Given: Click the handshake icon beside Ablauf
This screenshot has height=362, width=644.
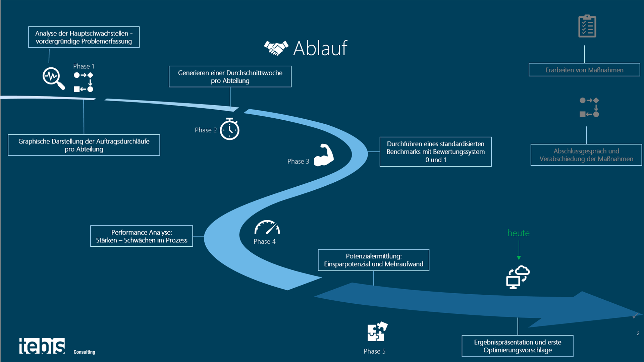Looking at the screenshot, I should (276, 48).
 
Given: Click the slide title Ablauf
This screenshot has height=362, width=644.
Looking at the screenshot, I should (320, 48).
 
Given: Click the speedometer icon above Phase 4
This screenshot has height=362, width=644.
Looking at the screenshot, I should (267, 227).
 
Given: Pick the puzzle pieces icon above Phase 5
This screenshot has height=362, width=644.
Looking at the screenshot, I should (377, 331).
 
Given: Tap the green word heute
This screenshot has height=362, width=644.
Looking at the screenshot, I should (518, 233).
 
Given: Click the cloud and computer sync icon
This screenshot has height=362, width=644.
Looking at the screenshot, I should (518, 277).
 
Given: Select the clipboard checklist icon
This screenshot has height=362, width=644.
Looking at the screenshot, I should (587, 26).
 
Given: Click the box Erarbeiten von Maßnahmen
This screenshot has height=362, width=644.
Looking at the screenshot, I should (584, 70).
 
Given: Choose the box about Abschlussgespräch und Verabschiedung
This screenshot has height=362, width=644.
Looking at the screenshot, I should (586, 155).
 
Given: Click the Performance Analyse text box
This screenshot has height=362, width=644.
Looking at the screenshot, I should (142, 236).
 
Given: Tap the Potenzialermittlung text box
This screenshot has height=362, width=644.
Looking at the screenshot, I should (373, 260).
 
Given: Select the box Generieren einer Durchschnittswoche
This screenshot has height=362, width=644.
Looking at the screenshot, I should (230, 76).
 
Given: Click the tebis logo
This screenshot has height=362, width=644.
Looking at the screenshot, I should (42, 346).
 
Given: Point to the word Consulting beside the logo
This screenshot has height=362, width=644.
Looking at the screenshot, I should (84, 352).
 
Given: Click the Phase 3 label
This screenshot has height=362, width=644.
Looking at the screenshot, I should (298, 161).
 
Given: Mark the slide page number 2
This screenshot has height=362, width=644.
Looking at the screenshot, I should (638, 333).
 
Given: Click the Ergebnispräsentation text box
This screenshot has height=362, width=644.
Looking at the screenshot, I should (517, 346).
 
